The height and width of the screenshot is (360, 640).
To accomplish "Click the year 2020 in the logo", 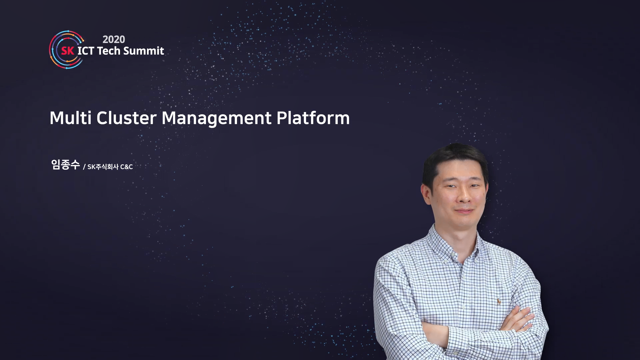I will [x=114, y=39].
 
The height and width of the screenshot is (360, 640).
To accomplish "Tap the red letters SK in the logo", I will [x=67, y=51].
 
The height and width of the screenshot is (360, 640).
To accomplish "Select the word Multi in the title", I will [x=70, y=118].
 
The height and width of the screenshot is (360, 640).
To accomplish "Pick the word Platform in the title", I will [x=313, y=118].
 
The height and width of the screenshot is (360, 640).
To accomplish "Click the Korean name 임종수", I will [x=65, y=165].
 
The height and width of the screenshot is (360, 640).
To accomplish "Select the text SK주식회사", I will [x=103, y=167].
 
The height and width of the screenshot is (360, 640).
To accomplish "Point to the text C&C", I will [x=126, y=167].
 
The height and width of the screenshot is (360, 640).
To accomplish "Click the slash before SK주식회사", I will [x=84, y=167].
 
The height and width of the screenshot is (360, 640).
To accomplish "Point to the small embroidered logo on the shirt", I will [x=499, y=302].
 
